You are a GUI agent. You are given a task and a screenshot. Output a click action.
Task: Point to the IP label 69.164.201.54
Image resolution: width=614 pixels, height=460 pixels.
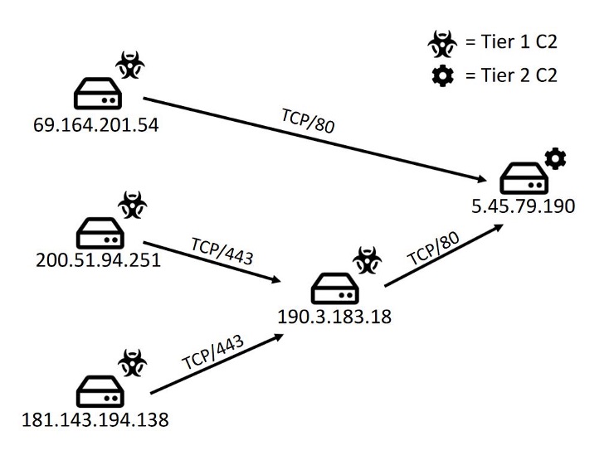pos(95,126)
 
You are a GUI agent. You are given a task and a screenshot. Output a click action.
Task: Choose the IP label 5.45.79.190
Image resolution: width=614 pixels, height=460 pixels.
pos(522,206)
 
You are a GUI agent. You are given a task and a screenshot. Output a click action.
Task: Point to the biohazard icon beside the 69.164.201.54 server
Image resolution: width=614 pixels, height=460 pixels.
pos(129,64)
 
